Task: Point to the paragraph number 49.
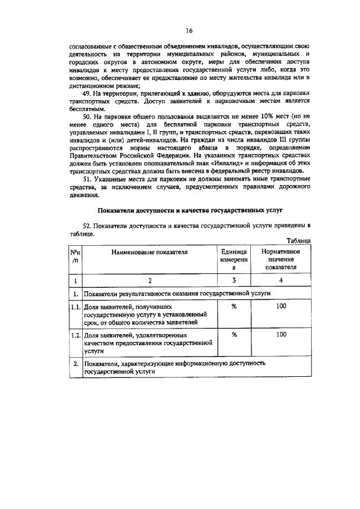pos(87,93)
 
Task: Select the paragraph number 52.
pos(87,226)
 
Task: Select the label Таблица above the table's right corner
pos(295,240)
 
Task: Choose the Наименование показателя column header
pos(149,252)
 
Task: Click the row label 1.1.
pos(75,307)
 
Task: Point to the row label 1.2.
pos(75,335)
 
